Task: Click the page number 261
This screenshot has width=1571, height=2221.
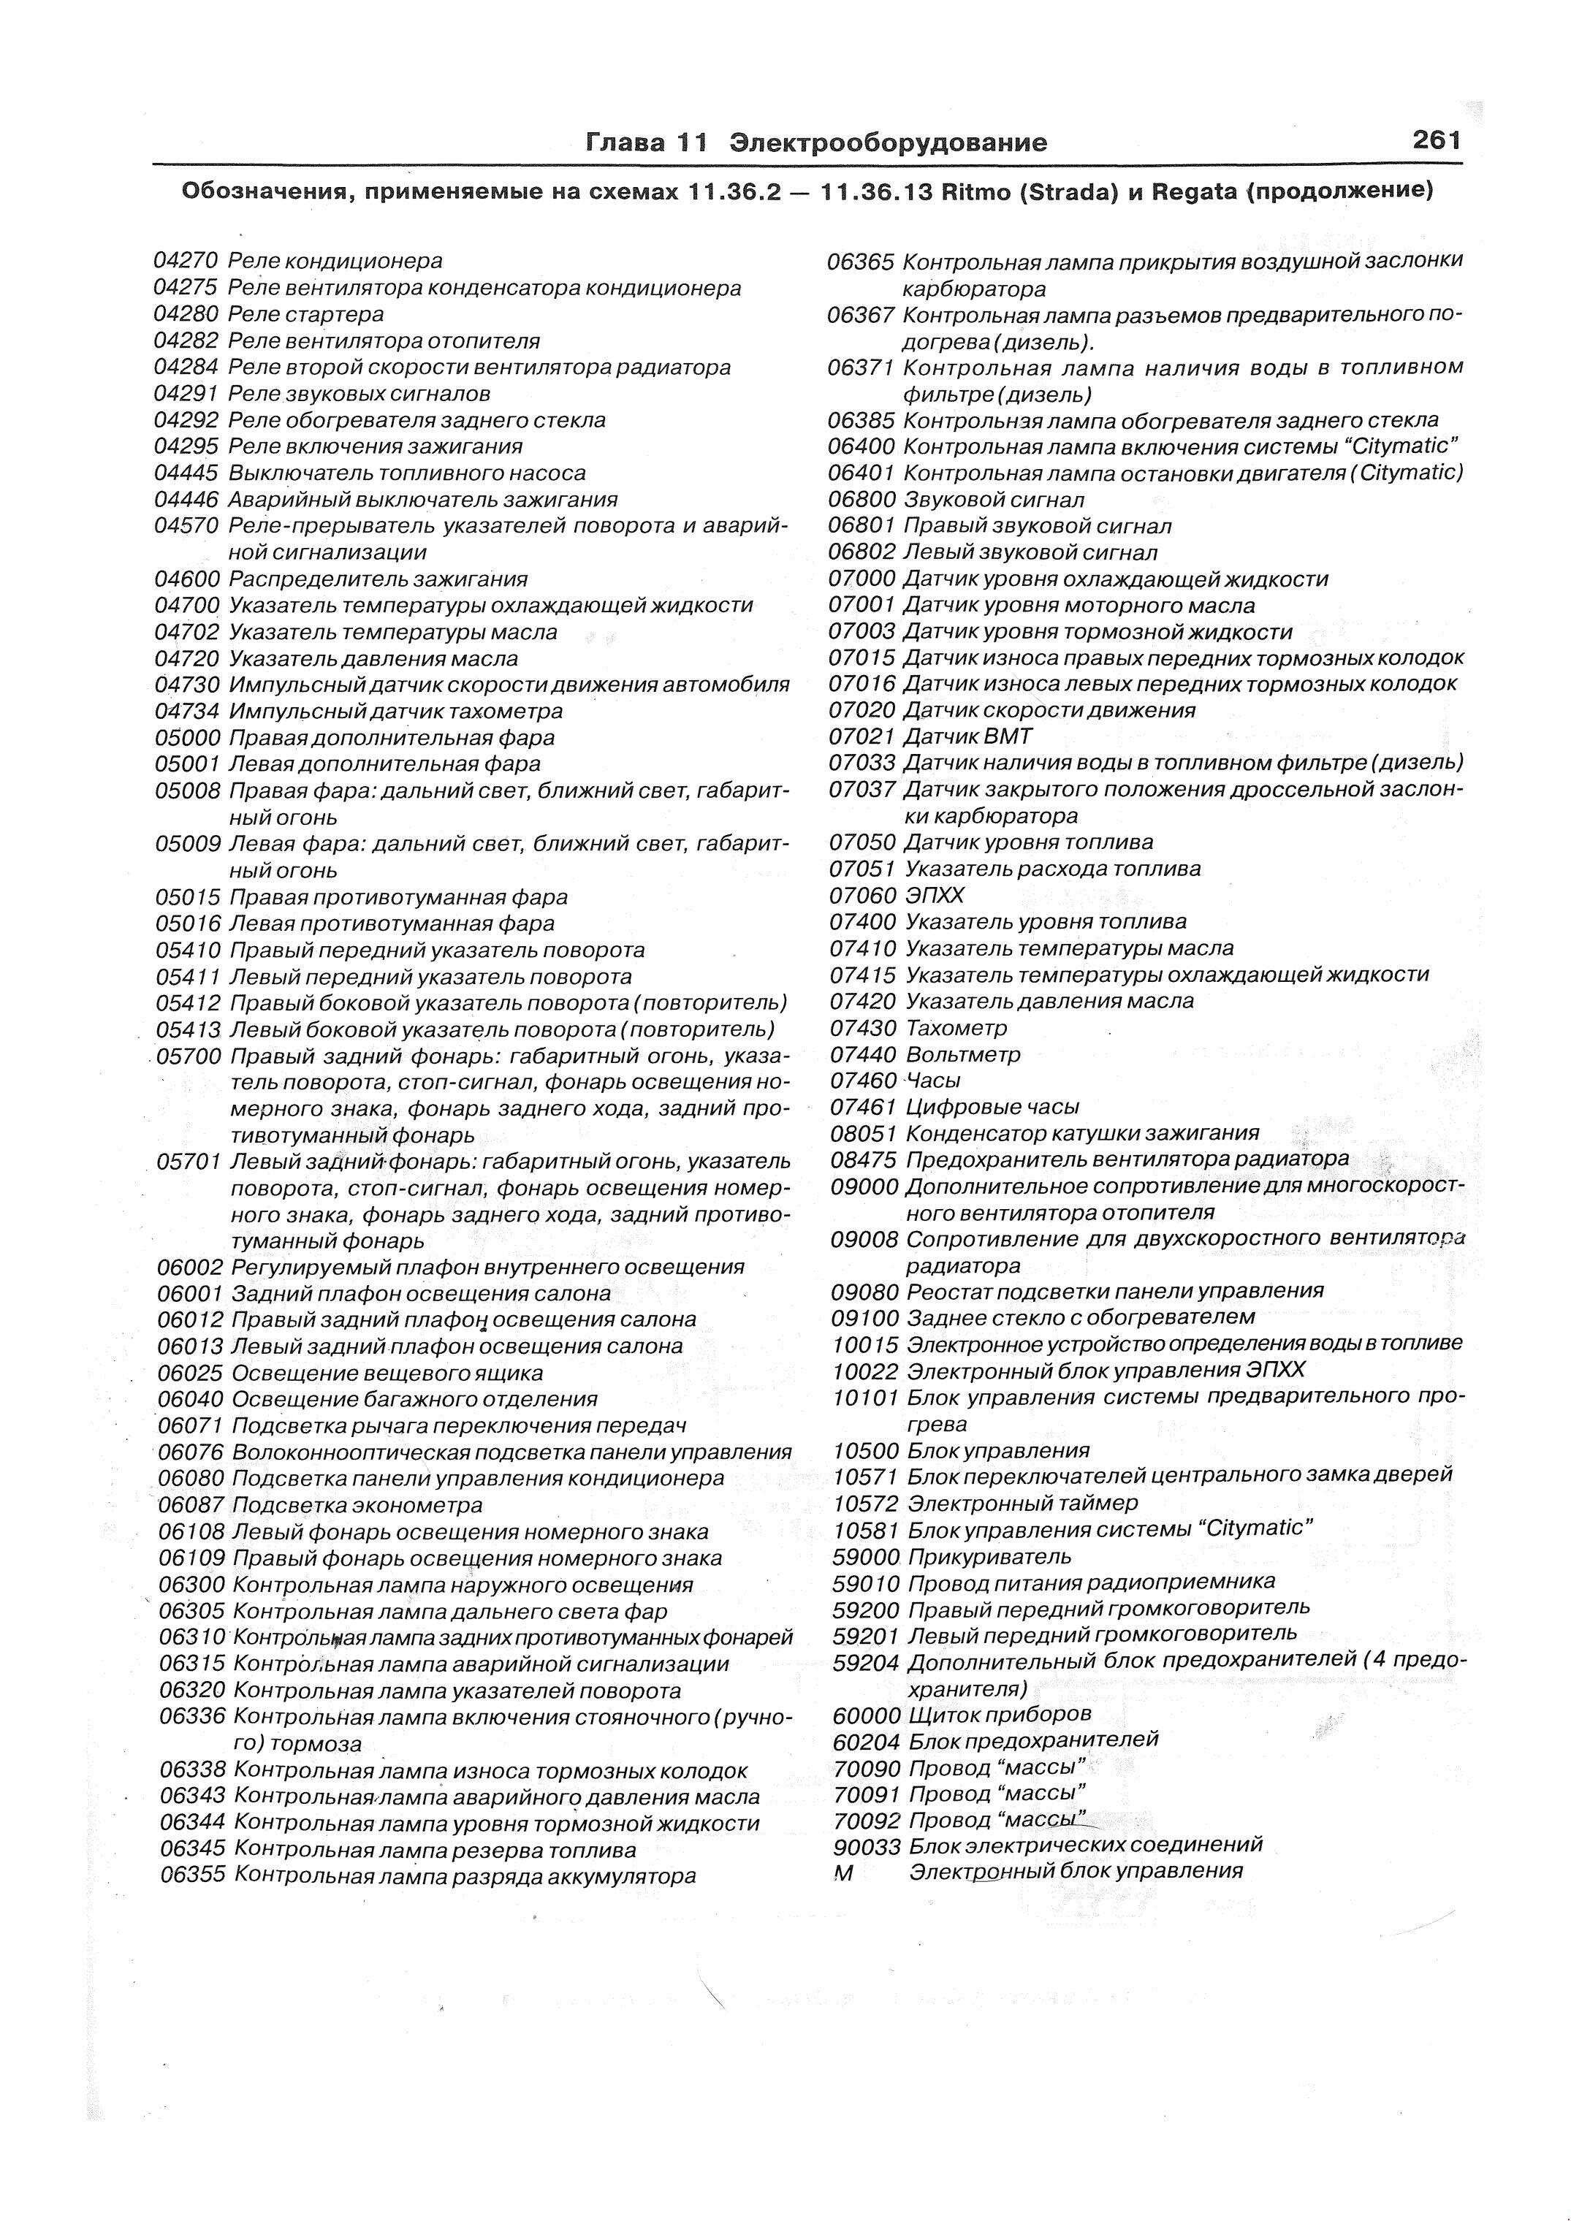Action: click(x=1436, y=141)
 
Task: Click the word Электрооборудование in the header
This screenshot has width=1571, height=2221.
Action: click(x=887, y=143)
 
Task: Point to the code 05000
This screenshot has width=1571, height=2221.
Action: click(x=189, y=738)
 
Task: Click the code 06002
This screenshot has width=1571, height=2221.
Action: click(x=191, y=1267)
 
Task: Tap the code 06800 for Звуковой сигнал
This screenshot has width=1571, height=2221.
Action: click(x=862, y=500)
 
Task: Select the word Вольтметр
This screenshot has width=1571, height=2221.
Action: click(x=962, y=1054)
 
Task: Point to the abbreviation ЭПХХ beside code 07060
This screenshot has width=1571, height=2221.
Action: click(x=935, y=896)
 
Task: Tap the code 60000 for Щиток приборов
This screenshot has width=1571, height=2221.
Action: click(x=867, y=1715)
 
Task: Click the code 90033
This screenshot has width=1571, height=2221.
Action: click(x=867, y=1847)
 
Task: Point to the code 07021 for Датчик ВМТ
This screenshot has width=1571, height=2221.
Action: click(x=863, y=737)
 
